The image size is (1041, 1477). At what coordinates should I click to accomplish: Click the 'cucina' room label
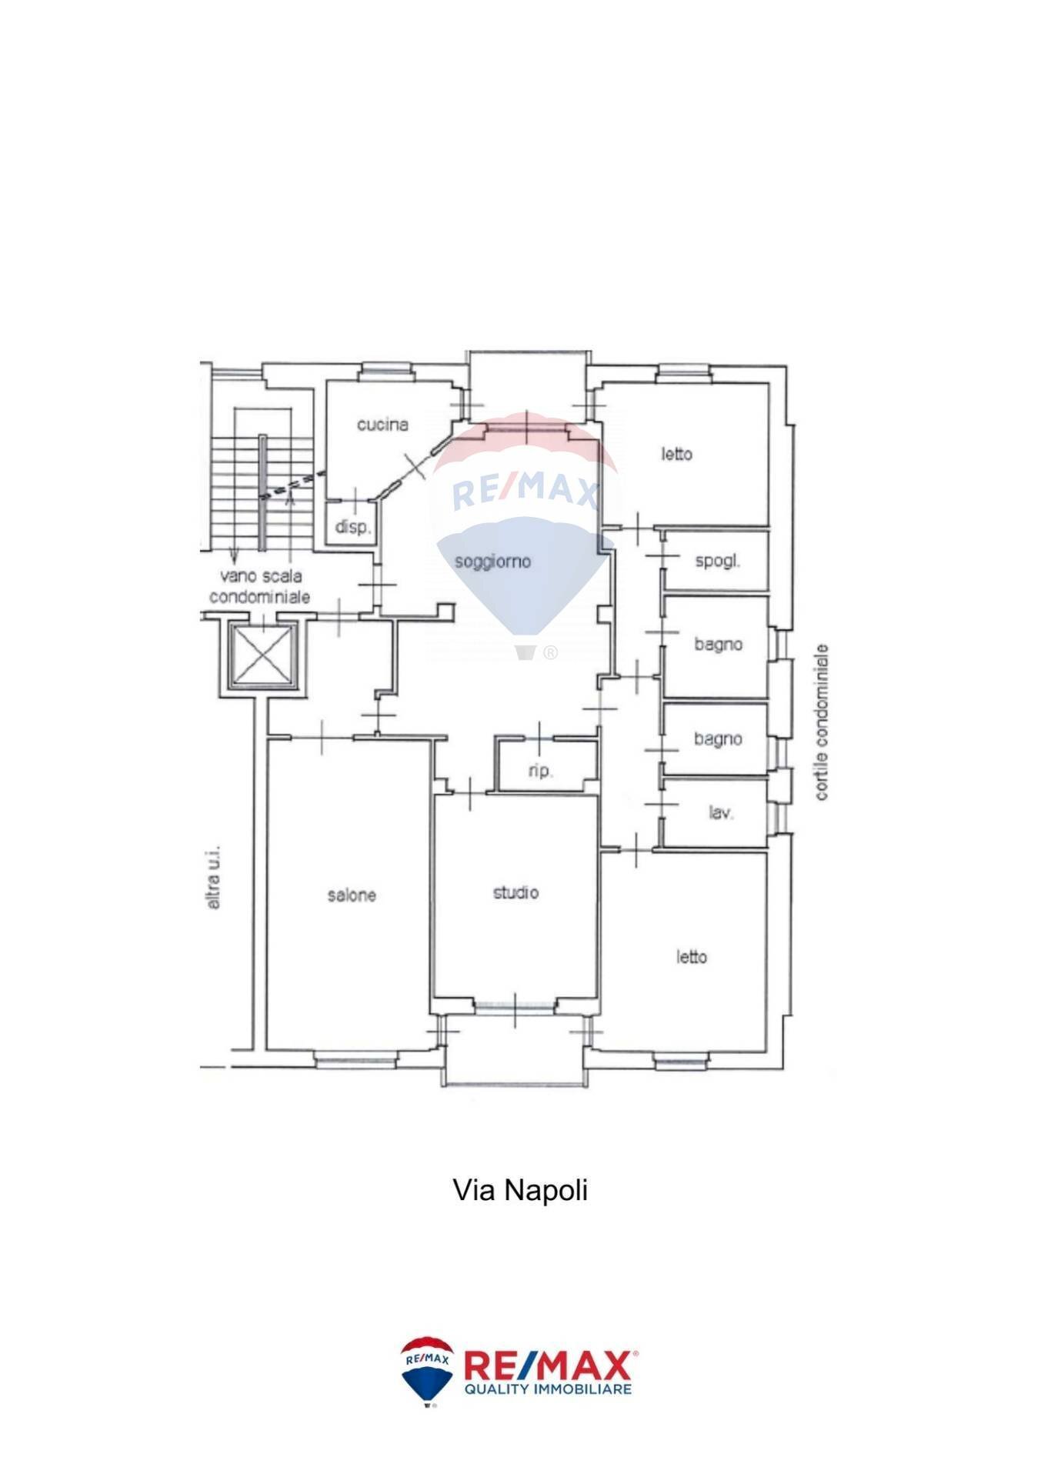point(382,425)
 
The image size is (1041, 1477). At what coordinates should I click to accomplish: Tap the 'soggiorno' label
point(492,562)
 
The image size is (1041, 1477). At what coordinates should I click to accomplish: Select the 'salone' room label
point(352,895)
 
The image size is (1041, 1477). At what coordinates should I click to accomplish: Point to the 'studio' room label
point(515,892)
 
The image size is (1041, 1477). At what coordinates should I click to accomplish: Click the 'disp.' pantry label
point(352,528)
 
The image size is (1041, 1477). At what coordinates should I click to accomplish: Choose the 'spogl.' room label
point(717,561)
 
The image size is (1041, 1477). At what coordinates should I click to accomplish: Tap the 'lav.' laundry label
point(720,812)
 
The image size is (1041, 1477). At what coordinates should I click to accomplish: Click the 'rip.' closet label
point(540,771)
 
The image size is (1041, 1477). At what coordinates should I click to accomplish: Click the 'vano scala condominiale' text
point(259,586)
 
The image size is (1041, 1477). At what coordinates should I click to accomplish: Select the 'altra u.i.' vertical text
point(213,878)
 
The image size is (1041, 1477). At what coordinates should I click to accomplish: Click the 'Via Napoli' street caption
point(520,1190)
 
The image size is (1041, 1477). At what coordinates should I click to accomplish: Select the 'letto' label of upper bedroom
point(676,454)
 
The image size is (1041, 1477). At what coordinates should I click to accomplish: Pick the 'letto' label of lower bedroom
point(691,957)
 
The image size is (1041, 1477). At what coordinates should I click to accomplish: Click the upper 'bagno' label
point(718,645)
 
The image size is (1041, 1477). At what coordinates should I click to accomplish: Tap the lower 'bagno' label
point(718,739)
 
